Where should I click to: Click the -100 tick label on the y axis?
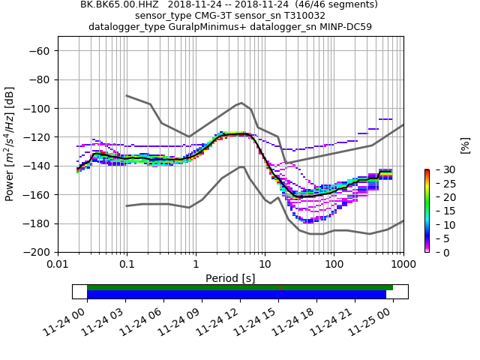coord(39,108)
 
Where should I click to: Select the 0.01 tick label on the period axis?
coord(58,265)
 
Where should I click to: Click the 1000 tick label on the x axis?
coord(403,265)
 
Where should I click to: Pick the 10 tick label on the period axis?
coord(265,265)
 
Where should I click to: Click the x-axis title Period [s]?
coord(230,278)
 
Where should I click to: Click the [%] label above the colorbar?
coord(465,144)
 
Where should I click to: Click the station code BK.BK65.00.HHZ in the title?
coord(118,4)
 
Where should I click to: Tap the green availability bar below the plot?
coord(240,287)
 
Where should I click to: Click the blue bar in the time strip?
coord(236,295)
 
